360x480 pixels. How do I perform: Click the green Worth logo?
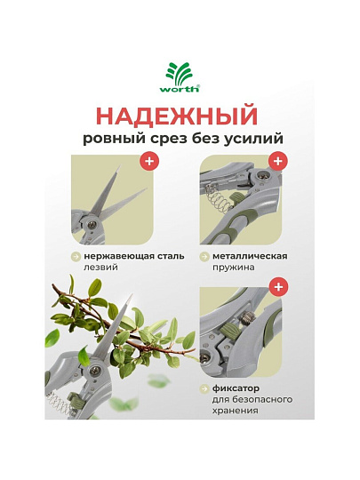click(x=180, y=77)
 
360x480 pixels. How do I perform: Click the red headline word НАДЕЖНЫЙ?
click(x=177, y=116)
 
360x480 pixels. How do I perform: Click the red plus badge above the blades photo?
click(x=149, y=161)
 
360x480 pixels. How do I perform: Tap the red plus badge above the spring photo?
click(x=278, y=161)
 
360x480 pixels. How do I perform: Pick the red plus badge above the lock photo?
click(x=278, y=287)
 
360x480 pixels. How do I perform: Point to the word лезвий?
click(x=100, y=268)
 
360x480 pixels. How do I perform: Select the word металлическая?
click(x=250, y=256)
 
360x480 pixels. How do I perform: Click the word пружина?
click(x=233, y=268)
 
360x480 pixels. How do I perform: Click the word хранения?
click(x=235, y=411)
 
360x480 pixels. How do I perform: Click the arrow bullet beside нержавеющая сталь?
click(x=76, y=257)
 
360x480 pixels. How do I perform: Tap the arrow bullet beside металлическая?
click(x=204, y=257)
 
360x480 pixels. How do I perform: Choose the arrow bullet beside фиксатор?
click(x=204, y=389)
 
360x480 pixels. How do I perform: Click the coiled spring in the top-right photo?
click(x=218, y=199)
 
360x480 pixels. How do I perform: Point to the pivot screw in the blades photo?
click(x=92, y=225)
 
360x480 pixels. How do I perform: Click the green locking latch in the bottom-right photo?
click(x=228, y=330)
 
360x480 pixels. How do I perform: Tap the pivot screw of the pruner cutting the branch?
click(x=95, y=372)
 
